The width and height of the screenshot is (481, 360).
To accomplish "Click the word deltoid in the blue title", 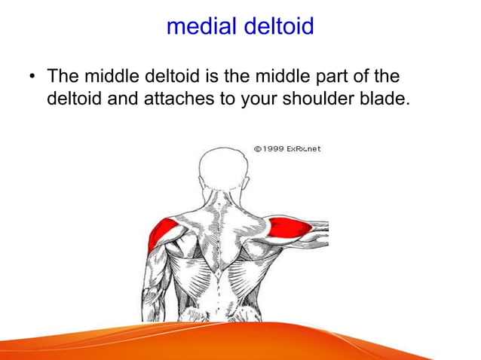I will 275,26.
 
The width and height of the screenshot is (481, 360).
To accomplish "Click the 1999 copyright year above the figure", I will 273,148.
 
